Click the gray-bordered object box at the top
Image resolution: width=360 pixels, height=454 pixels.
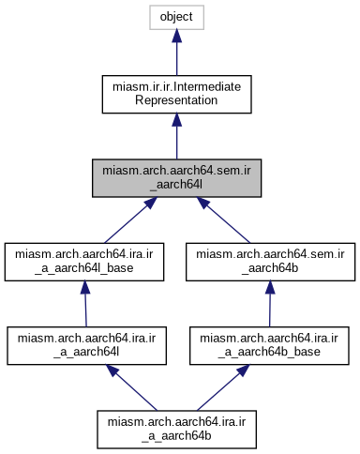point(177,18)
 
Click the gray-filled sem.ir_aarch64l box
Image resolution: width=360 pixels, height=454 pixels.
point(177,177)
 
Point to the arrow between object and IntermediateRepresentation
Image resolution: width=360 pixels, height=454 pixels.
point(177,52)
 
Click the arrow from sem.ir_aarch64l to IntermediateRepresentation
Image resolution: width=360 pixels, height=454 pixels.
point(177,136)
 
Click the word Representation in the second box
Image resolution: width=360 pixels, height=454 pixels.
point(177,102)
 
